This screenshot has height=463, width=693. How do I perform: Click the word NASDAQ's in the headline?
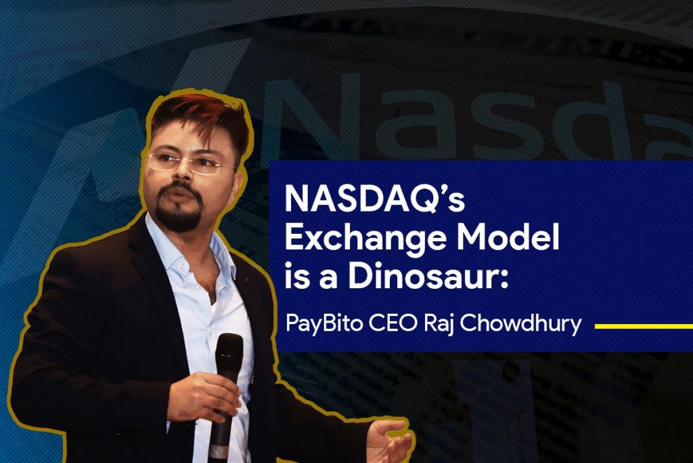(x=374, y=199)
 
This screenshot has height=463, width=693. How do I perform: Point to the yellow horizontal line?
(x=644, y=327)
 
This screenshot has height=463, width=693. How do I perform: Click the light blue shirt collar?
(x=190, y=253)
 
